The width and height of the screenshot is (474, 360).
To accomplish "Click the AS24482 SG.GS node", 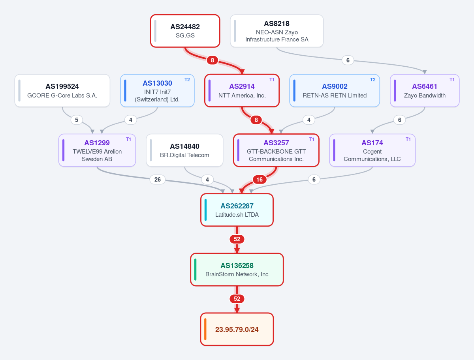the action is (x=185, y=31).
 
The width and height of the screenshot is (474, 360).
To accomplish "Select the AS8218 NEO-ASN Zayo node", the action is (x=276, y=31).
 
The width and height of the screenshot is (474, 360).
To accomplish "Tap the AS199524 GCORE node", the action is (x=62, y=91).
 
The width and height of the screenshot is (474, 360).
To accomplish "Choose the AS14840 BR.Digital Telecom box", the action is (x=184, y=150).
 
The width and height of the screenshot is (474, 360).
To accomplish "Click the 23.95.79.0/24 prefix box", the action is (x=237, y=329).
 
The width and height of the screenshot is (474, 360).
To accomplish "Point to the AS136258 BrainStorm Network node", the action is (x=237, y=270).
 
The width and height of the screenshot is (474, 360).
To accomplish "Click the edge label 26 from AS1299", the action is (x=158, y=180).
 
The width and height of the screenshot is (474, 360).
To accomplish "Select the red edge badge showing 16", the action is (x=260, y=180).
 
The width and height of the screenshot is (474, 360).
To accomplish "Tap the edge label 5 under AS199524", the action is (x=77, y=120).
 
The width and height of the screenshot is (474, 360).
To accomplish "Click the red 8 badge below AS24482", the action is (x=212, y=60).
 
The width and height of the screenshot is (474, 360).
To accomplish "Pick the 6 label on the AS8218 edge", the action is (x=348, y=60).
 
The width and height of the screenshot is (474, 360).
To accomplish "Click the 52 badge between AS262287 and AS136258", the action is (x=237, y=239).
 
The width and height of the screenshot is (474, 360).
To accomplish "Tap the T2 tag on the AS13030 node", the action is (x=187, y=80).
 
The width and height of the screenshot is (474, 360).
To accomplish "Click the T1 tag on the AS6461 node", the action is (x=452, y=80).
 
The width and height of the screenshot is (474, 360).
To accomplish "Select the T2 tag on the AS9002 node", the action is (x=372, y=80).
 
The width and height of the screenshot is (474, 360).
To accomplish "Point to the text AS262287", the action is (x=237, y=206).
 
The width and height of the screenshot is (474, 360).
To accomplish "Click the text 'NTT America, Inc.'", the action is (x=242, y=96).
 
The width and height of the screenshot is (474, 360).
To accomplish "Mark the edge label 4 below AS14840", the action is (x=207, y=180).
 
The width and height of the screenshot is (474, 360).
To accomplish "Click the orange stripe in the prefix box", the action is (x=205, y=329).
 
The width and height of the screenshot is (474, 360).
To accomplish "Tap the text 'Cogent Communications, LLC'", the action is (x=372, y=155).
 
